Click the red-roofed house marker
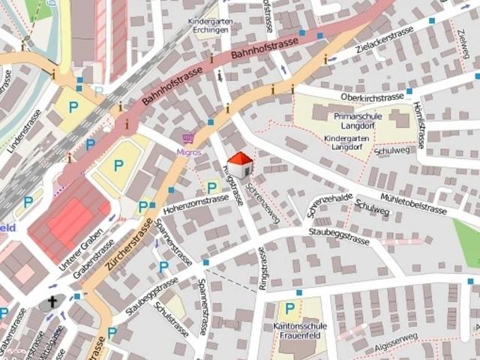tap(239, 163)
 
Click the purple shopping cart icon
tap(188, 139)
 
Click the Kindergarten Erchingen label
tap(210, 27)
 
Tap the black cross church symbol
tap(52, 303)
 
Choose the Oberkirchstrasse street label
tap(372, 97)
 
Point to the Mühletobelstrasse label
tap(414, 202)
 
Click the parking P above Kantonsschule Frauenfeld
tap(289, 308)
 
